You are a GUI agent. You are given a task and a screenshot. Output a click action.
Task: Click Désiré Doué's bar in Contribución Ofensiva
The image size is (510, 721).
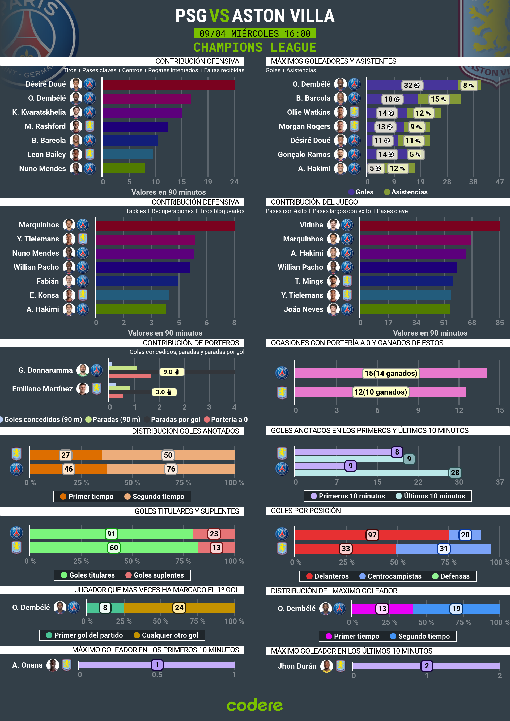coord(168,85)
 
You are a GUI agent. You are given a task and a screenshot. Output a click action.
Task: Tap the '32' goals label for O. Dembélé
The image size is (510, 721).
coord(411,86)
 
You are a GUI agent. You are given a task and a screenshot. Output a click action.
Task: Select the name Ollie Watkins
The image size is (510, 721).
coord(308,112)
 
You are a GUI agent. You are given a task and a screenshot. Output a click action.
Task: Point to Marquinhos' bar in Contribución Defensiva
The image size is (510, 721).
coord(165,226)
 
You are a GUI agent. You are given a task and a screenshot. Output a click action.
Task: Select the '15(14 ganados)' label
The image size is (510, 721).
coord(391,373)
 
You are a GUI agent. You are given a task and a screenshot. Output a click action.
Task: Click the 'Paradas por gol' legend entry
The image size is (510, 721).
coord(175,419)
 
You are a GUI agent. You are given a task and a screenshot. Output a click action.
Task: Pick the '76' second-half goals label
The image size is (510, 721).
coord(171,469)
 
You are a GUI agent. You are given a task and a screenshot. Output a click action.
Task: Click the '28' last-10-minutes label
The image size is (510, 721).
coord(455,473)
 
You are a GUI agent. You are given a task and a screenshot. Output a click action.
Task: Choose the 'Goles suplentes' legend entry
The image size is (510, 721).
coord(158,575)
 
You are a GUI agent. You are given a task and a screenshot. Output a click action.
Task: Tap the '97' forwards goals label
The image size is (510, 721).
coord(372,535)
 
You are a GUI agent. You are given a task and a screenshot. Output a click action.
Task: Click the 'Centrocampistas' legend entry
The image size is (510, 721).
coord(394,576)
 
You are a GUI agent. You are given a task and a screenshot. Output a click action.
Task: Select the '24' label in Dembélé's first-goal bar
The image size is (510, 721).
coord(179,608)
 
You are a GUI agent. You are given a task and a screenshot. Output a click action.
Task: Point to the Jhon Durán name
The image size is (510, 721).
coord(297,666)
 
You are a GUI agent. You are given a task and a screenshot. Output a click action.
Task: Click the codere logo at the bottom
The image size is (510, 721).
coord(255,705)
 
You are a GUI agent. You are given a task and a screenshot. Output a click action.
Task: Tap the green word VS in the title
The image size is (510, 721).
coord(219,16)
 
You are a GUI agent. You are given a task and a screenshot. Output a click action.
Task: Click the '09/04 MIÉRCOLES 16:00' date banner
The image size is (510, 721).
coord(255,33)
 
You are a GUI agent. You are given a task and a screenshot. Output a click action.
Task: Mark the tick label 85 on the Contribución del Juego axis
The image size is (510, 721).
coord(499,323)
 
